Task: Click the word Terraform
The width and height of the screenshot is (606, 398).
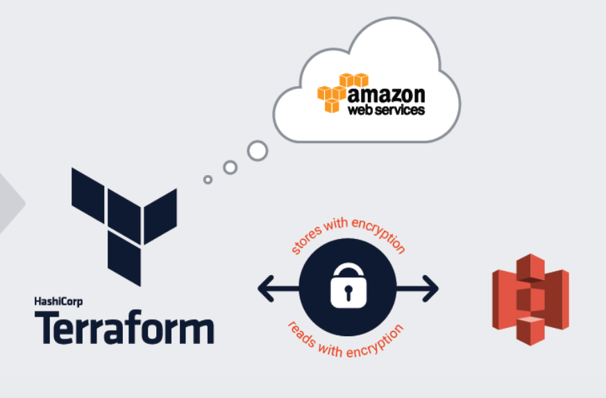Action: [124, 327]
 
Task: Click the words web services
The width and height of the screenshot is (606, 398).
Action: [386, 110]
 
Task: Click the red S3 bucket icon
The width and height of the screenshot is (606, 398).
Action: [530, 299]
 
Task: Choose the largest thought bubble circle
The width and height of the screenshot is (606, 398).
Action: [258, 150]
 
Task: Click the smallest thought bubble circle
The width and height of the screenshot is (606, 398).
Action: [208, 179]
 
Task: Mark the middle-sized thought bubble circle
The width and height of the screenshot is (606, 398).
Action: [230, 167]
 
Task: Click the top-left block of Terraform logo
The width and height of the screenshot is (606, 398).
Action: [88, 189]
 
